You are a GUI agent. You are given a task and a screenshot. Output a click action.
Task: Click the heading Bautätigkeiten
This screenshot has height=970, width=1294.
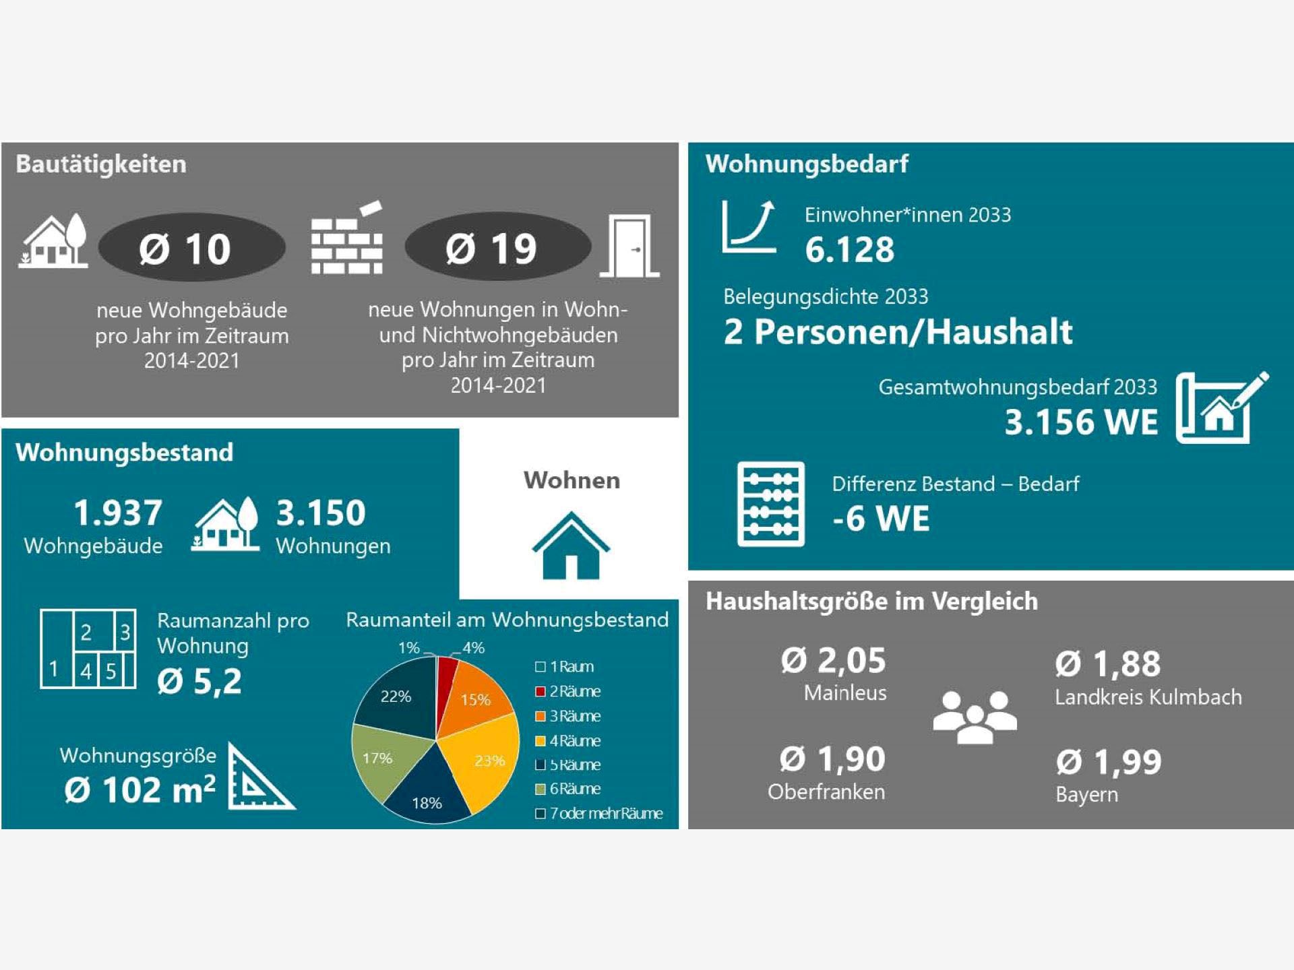[x=101, y=164]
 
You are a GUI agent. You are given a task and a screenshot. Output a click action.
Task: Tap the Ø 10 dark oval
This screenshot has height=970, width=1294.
[x=191, y=248]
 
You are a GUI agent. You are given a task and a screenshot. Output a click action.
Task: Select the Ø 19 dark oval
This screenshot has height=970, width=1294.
[x=497, y=248]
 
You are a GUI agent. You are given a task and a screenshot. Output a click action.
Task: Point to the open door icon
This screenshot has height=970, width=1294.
[x=630, y=247]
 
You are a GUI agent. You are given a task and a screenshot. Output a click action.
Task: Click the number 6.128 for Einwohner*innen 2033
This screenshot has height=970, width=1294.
[x=849, y=250]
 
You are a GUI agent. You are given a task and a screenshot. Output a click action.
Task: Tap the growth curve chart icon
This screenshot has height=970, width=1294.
[x=749, y=226]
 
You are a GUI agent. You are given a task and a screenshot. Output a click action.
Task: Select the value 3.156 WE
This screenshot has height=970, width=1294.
[x=1081, y=422]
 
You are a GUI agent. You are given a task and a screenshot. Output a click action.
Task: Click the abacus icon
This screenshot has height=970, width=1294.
[x=770, y=504]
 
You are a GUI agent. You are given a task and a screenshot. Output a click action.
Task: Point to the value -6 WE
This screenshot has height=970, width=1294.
[x=881, y=519]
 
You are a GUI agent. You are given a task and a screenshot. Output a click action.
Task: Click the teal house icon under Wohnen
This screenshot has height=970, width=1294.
[x=571, y=546]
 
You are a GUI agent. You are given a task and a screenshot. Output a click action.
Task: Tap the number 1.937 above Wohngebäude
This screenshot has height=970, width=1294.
[x=118, y=513]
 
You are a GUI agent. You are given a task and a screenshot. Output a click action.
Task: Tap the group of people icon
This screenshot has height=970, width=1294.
[x=975, y=717]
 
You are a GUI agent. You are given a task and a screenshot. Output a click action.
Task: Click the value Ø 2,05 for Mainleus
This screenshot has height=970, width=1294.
[x=833, y=661]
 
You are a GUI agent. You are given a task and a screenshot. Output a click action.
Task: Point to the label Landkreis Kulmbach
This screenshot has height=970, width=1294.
[x=1148, y=697]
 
